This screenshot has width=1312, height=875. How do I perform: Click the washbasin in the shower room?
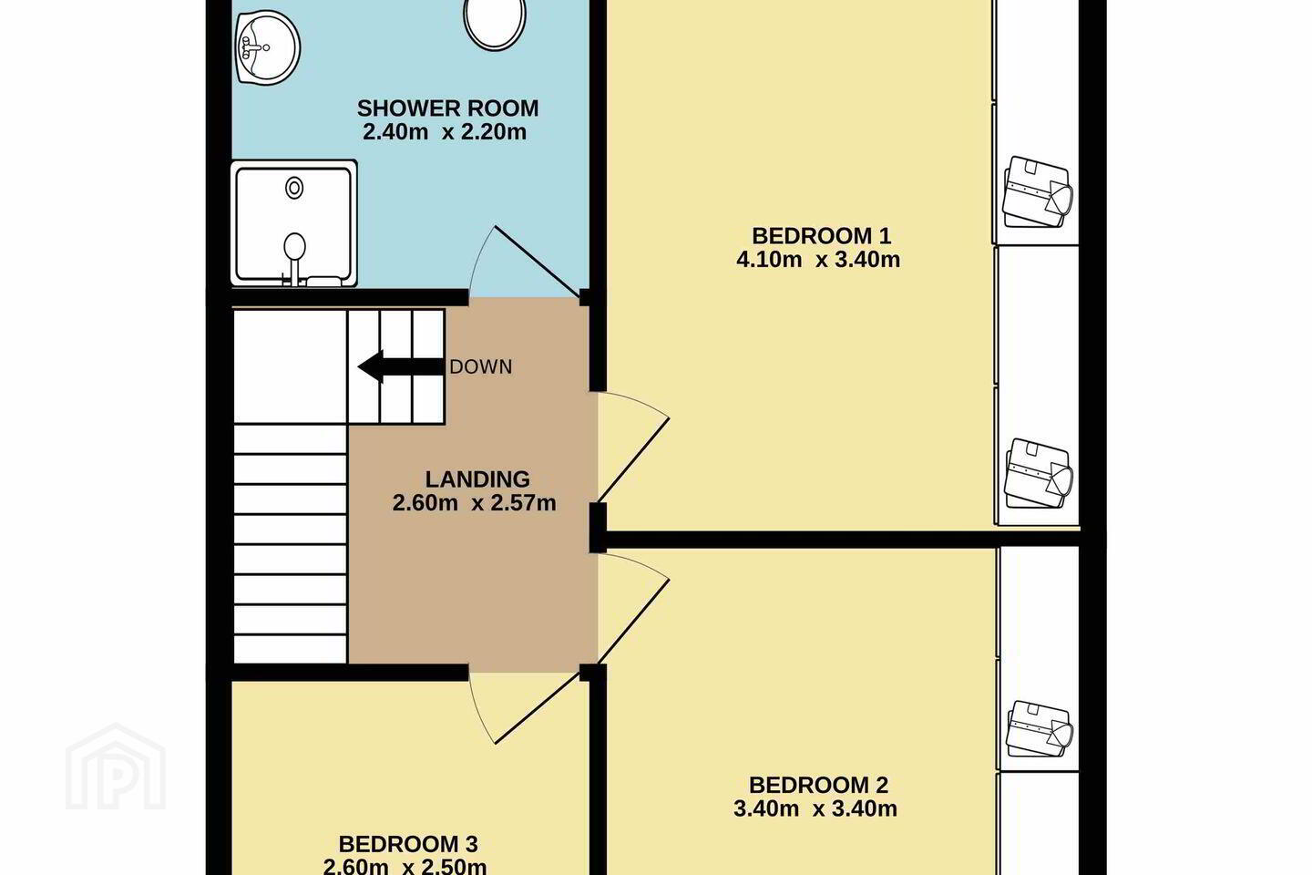[268, 46]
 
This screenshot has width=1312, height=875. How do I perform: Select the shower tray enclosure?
[294, 223]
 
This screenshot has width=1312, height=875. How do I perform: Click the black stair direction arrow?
[401, 367]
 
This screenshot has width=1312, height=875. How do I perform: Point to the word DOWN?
[481, 367]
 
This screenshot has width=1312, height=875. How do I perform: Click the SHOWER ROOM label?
[447, 108]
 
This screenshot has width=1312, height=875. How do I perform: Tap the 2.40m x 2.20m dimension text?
[445, 132]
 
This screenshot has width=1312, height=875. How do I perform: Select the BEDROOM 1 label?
[821, 235]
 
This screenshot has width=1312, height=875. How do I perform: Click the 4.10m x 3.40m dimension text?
[818, 259]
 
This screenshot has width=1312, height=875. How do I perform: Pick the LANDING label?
[477, 479]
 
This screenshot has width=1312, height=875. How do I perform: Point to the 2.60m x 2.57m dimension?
[474, 503]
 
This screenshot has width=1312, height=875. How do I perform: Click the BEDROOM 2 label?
[818, 785]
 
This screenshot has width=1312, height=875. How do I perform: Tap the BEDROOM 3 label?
[408, 844]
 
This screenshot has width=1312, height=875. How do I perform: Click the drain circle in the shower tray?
[294, 188]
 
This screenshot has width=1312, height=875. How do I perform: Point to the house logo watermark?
[116, 767]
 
